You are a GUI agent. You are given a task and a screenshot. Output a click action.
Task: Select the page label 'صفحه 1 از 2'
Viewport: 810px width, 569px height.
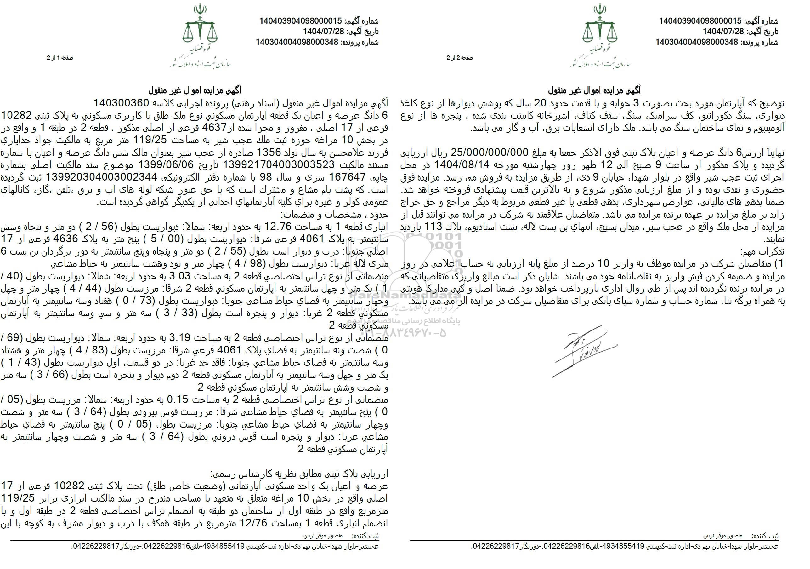[x=60, y=58]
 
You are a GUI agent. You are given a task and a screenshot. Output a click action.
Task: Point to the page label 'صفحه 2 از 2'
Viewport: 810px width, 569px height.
[x=460, y=58]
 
